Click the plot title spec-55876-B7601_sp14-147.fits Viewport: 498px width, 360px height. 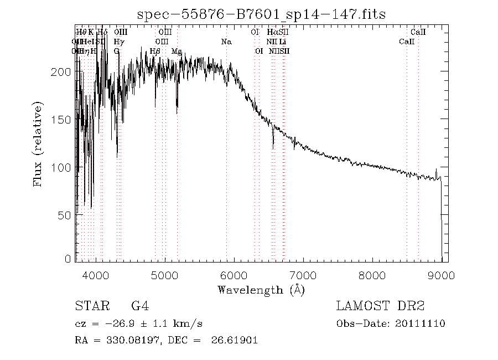point(262,14)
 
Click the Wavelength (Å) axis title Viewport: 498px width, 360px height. point(261,290)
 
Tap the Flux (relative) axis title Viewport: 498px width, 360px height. point(38,143)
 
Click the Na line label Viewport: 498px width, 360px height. point(226,42)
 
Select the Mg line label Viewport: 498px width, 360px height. point(177,51)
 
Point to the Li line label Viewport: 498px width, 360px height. point(283,42)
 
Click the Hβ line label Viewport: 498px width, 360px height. point(155,51)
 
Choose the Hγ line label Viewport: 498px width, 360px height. point(118,42)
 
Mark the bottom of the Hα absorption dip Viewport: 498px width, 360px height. point(273,148)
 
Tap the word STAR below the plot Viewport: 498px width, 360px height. point(90,306)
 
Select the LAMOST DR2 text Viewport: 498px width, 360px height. point(380,306)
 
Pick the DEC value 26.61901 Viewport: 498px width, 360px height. point(235,341)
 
